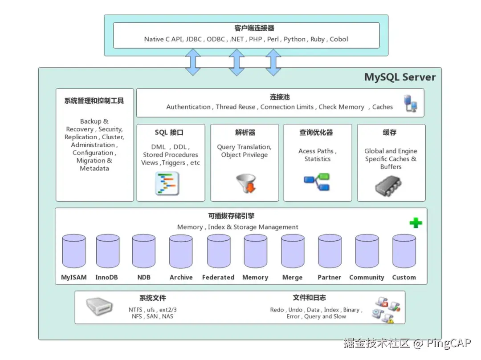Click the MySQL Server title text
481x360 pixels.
[399, 77]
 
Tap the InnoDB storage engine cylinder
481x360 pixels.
[107, 252]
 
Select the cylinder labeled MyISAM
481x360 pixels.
[73, 252]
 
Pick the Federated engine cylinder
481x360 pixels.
[218, 252]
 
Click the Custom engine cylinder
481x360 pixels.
[404, 252]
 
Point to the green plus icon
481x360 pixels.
[416, 222]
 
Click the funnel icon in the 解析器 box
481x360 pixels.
[245, 183]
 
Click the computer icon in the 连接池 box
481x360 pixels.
[410, 103]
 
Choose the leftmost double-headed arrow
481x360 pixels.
[193, 62]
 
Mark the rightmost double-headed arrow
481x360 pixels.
[273, 62]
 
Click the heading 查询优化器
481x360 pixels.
[316, 133]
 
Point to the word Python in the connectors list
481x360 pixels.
[294, 39]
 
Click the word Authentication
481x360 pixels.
[188, 107]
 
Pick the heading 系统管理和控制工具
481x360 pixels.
[94, 101]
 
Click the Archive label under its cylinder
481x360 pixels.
[181, 277]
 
